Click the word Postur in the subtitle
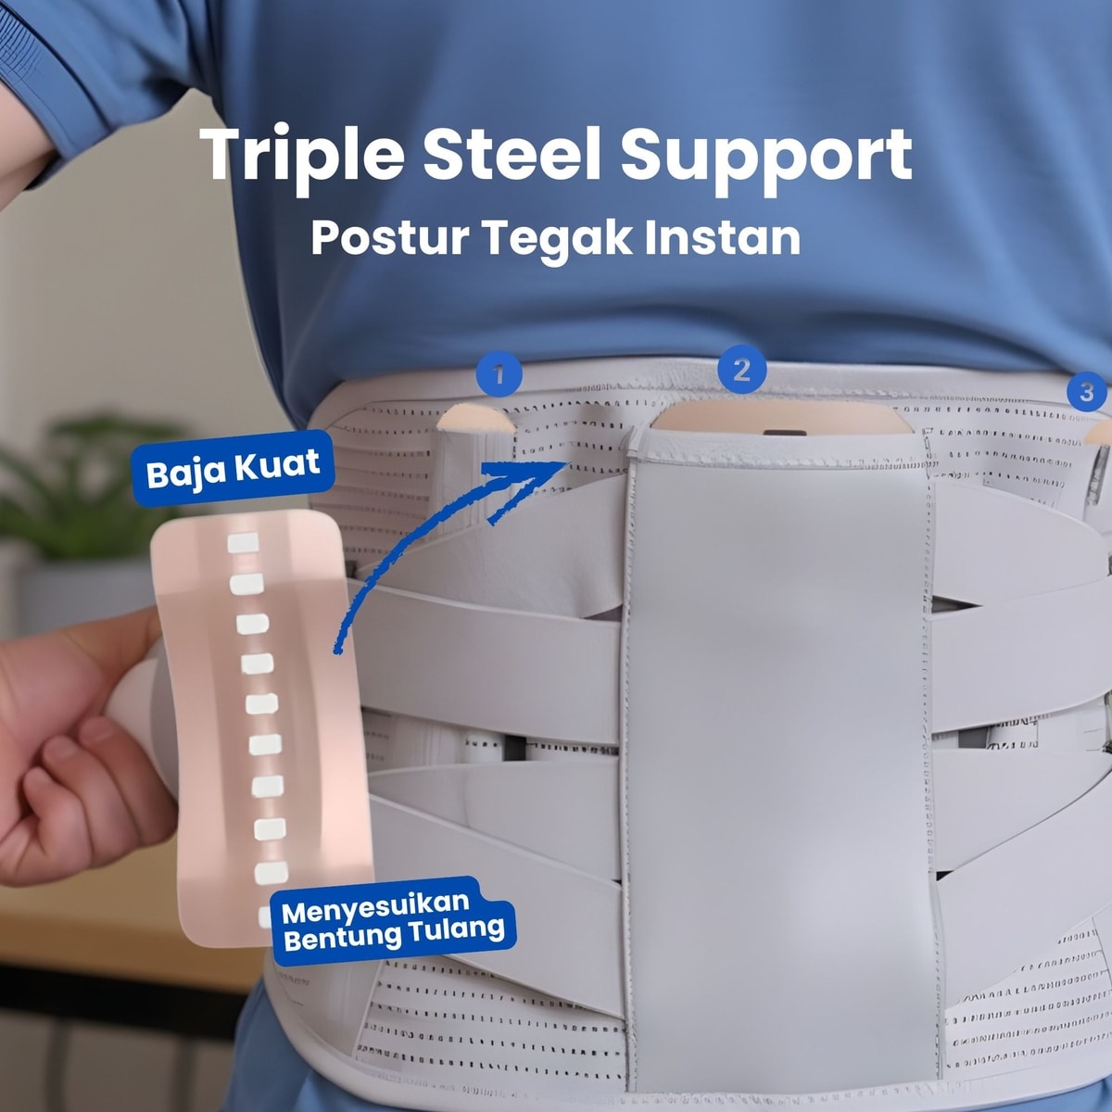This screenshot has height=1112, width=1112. pyautogui.click(x=390, y=238)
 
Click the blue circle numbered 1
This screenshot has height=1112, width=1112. pyautogui.click(x=499, y=374)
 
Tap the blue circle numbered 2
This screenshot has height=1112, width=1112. pyautogui.click(x=741, y=370)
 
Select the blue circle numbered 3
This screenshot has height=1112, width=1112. pyautogui.click(x=1086, y=392)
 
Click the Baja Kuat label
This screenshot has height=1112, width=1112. pyautogui.click(x=234, y=469)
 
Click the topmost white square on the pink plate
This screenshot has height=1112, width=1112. pyautogui.click(x=243, y=543)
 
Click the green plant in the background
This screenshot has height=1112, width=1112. pyautogui.click(x=86, y=490)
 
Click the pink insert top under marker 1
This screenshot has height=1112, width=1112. pyautogui.click(x=475, y=418)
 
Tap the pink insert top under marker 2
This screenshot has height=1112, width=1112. pyautogui.click(x=782, y=418)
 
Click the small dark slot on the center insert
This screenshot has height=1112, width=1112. pyautogui.click(x=784, y=432)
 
